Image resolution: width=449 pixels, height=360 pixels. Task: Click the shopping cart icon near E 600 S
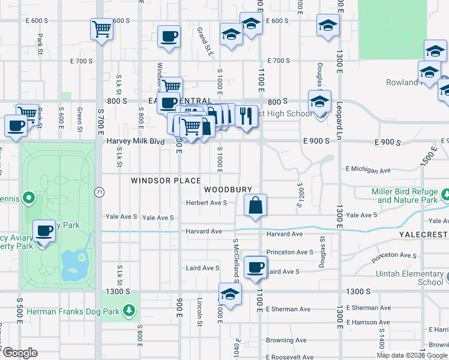[102, 28]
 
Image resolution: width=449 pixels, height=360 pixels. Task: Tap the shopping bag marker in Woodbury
[256, 205]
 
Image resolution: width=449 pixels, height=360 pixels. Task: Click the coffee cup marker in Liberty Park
[44, 230]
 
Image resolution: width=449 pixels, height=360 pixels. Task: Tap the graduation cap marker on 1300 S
[230, 294]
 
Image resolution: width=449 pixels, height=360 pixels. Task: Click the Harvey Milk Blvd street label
[136, 141]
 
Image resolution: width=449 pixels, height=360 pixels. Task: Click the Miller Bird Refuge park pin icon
[445, 195]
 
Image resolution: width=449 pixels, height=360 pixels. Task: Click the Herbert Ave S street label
[206, 203]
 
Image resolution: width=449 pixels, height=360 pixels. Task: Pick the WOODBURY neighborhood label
[228, 189]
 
